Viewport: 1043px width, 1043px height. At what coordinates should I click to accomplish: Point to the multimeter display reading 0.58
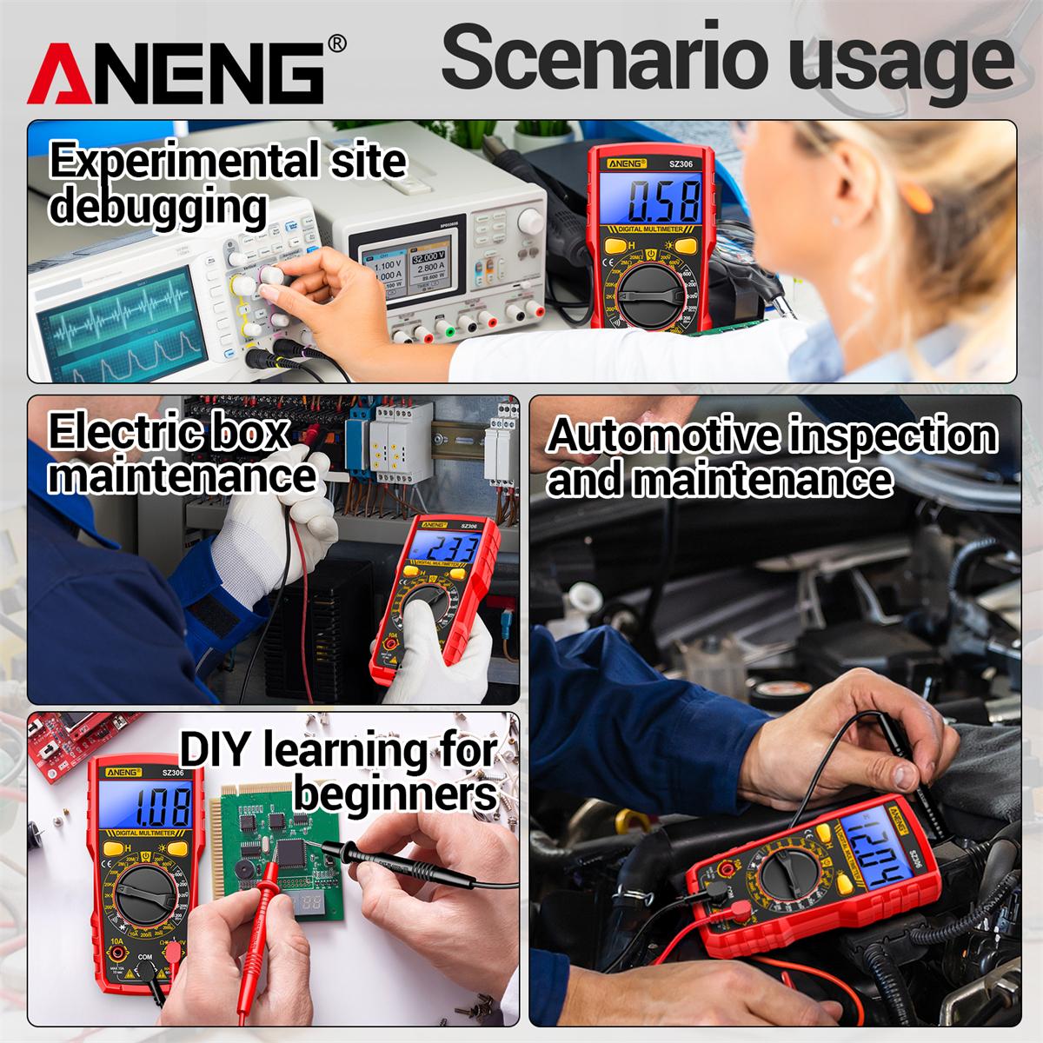pos(664,202)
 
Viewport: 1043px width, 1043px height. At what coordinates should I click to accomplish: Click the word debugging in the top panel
pos(157,207)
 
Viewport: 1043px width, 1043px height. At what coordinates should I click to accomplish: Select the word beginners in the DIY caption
pos(396,792)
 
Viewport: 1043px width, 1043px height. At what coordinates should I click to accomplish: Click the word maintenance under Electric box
pos(182,475)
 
